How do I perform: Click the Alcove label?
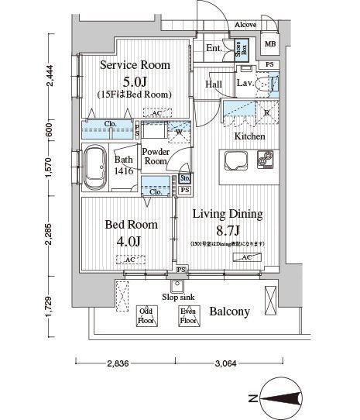pyautogui.click(x=247, y=24)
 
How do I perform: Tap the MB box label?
pyautogui.click(x=270, y=43)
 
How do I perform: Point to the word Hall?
pyautogui.click(x=214, y=84)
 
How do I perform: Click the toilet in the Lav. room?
pyautogui.click(x=271, y=84)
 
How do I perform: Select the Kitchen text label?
pyautogui.click(x=249, y=136)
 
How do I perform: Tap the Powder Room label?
pyautogui.click(x=155, y=157)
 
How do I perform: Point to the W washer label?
pyautogui.click(x=179, y=131)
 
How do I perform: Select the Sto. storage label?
pyautogui.click(x=185, y=179)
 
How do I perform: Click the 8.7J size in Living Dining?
pyautogui.click(x=227, y=230)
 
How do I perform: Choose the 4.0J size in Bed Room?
pyautogui.click(x=130, y=241)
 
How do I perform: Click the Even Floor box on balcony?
pyautogui.click(x=187, y=315)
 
